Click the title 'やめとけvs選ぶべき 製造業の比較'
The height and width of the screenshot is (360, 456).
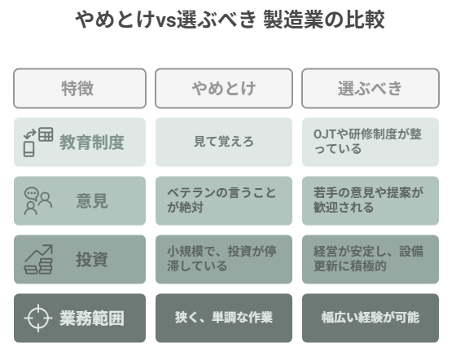point(230,20)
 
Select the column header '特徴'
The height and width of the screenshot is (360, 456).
point(77,89)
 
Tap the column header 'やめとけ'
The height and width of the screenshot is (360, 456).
point(224,89)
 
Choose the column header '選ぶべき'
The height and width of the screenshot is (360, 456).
point(370,89)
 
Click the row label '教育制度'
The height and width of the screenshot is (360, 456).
point(92,143)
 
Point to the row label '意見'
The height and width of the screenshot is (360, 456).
point(92,200)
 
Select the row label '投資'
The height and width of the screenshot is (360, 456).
point(92,259)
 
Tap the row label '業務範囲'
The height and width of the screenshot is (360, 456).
point(92,318)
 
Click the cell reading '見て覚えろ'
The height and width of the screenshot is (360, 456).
point(224,142)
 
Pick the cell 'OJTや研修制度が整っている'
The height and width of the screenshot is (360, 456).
point(367,142)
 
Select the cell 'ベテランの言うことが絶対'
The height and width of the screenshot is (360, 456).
point(221,200)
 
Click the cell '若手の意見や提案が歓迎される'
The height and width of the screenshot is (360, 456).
point(368,200)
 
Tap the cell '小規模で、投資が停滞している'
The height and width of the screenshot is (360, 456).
point(221,259)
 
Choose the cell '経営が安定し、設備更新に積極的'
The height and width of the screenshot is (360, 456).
point(368,259)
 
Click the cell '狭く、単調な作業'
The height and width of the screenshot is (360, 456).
point(224,318)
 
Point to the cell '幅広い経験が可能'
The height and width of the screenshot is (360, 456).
point(370,318)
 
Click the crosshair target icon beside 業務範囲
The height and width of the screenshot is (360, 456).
point(38,318)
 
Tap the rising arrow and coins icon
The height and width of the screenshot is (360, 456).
point(38,259)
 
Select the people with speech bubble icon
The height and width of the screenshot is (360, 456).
point(38,201)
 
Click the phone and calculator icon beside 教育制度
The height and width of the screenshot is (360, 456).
point(38,142)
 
